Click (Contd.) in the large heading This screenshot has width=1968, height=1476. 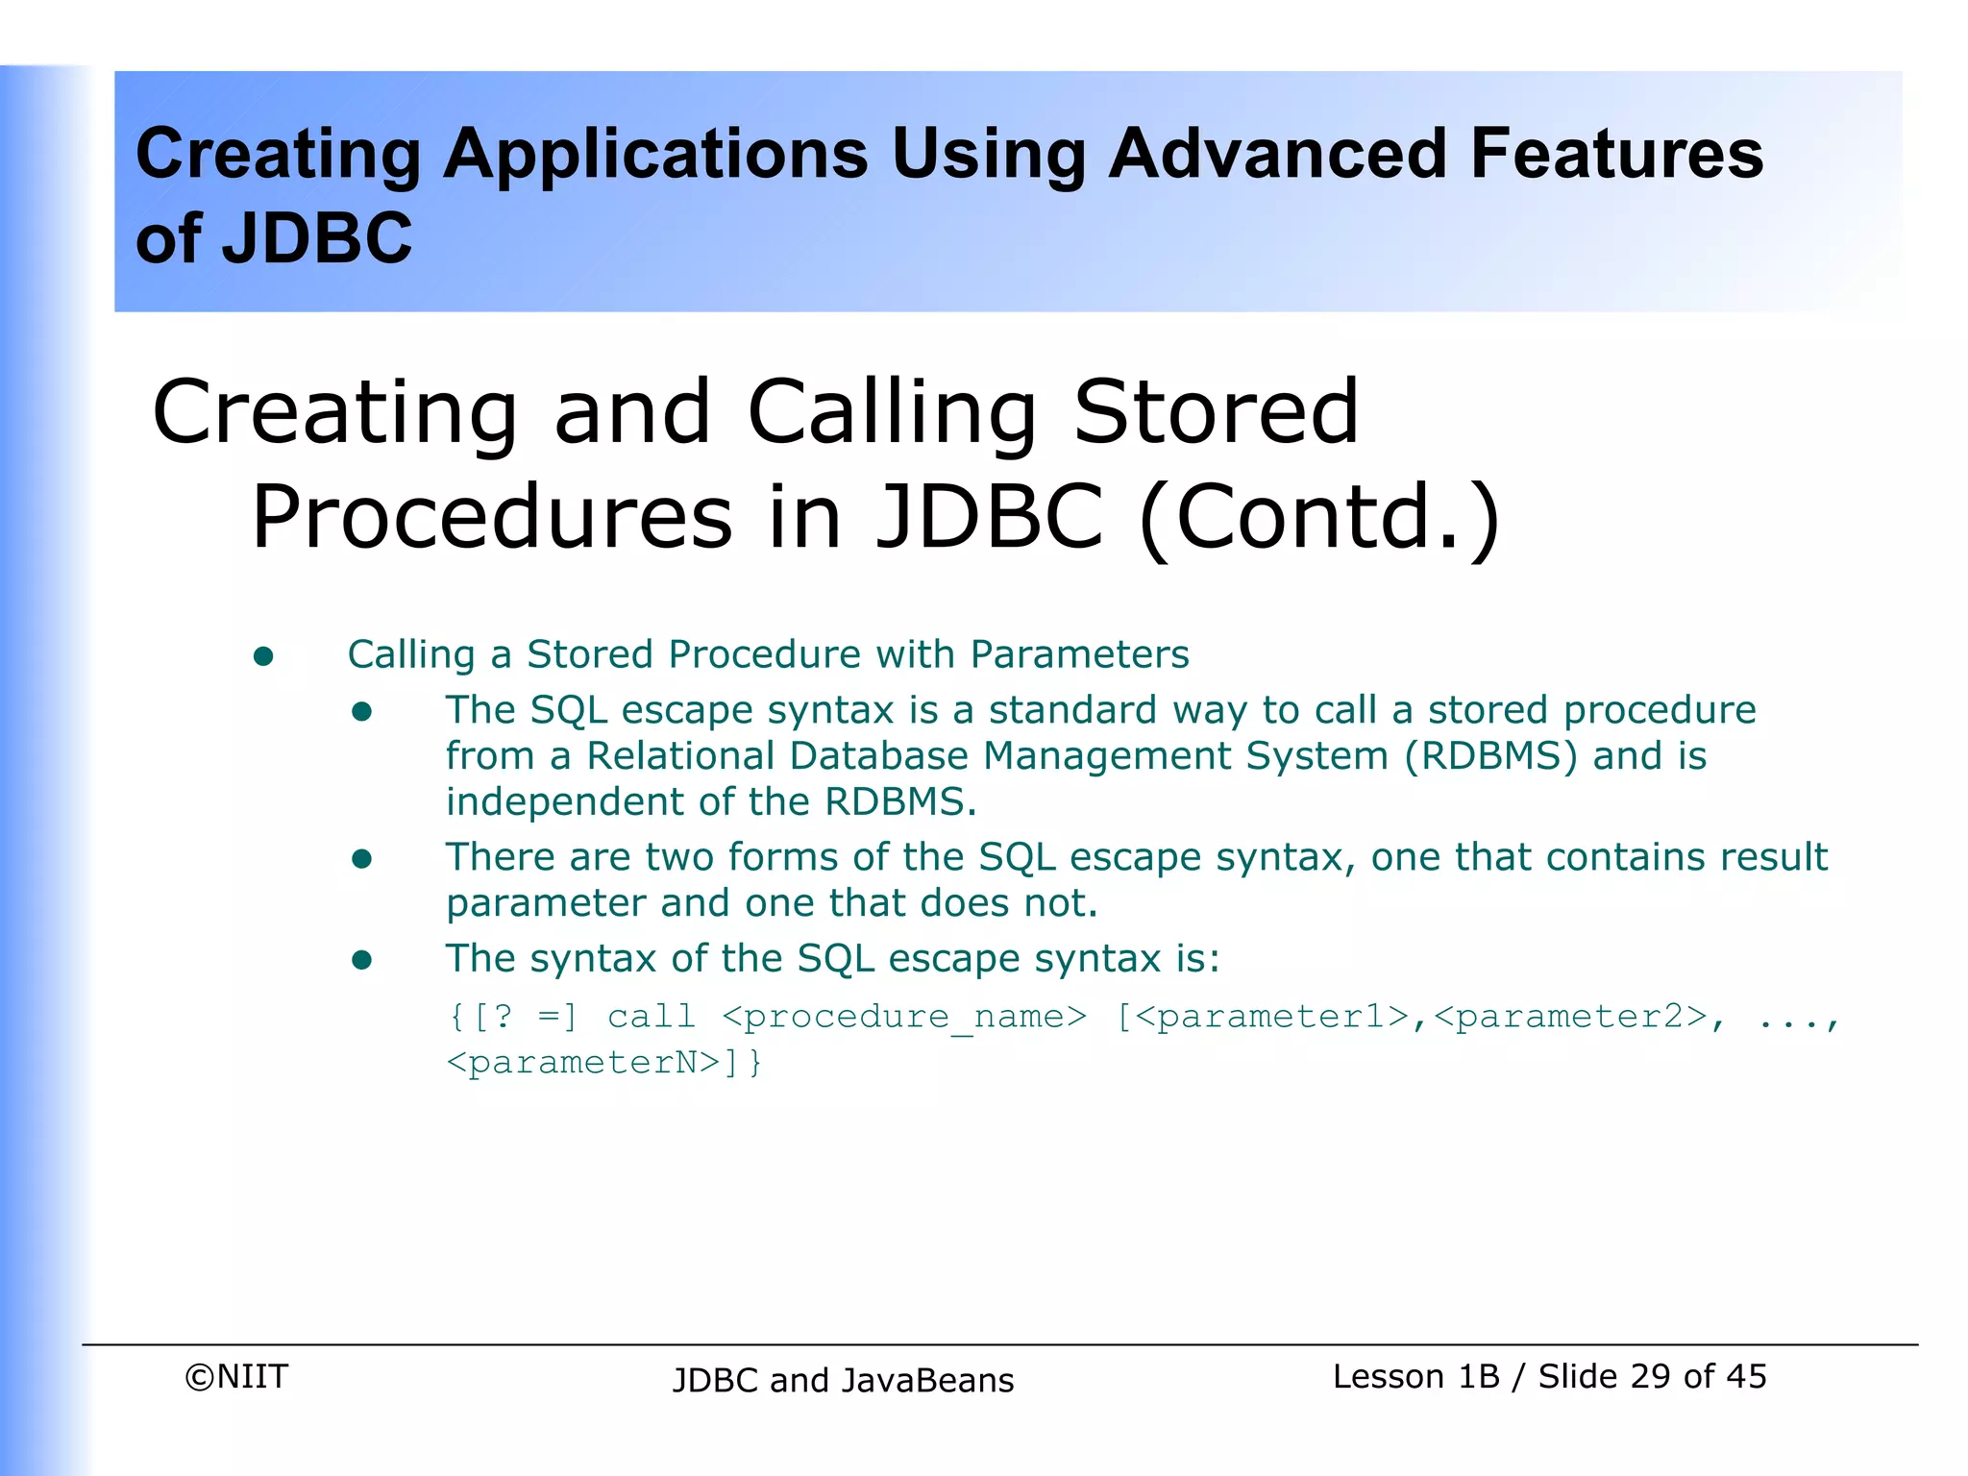click(1319, 517)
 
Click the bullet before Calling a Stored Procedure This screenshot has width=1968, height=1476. click(263, 657)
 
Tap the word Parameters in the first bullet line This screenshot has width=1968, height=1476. click(1079, 655)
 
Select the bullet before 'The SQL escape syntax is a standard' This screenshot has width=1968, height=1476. click(361, 712)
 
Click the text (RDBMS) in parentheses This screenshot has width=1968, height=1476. click(1490, 756)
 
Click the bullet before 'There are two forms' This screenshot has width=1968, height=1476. click(361, 859)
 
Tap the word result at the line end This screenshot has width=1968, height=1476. click(1773, 857)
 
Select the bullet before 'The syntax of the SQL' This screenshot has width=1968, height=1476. click(361, 960)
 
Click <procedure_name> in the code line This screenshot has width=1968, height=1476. click(903, 1017)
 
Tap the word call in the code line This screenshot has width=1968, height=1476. click(651, 1017)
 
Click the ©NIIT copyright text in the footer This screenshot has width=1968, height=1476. click(236, 1377)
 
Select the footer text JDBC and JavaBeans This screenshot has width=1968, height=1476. click(843, 1381)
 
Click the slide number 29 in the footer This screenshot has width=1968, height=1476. click(1650, 1377)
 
